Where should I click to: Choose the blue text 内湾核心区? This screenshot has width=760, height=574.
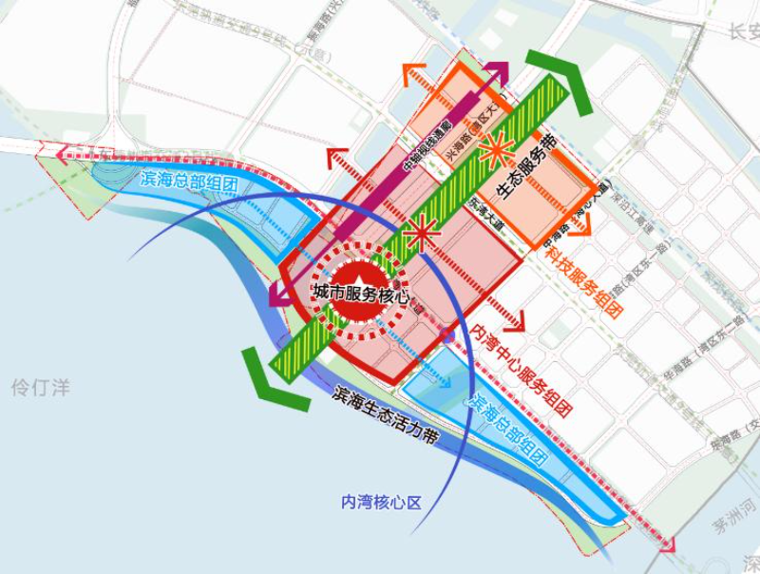(x=380, y=503)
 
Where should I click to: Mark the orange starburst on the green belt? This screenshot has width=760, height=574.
(x=495, y=147)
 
